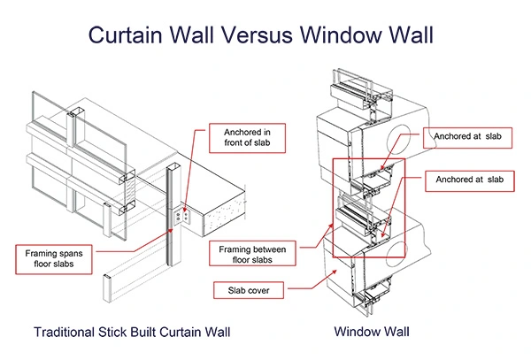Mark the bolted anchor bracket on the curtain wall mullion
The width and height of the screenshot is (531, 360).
pos(181,215)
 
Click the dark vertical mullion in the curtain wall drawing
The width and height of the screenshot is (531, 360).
pos(168,221)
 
